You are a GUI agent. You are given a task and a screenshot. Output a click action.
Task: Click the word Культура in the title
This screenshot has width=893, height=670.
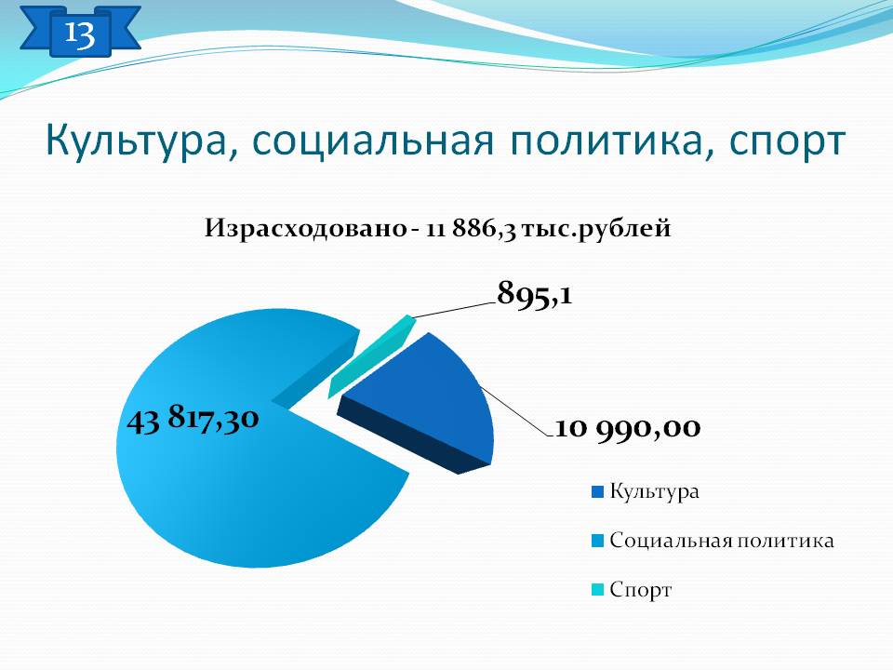(136, 141)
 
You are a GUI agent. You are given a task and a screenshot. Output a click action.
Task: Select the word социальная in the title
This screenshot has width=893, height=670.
(372, 141)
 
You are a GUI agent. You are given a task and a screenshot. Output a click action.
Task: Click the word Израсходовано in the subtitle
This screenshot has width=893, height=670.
(306, 229)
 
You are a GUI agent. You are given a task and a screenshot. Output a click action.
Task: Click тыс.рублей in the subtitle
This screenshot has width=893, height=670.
(596, 229)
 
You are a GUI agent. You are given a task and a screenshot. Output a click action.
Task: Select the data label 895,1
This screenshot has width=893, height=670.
(534, 294)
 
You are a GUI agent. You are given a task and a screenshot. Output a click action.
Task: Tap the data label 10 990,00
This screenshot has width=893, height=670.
(627, 427)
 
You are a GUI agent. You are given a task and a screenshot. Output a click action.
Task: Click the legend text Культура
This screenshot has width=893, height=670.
(654, 491)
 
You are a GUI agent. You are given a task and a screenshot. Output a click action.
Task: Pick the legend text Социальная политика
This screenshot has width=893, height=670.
(722, 540)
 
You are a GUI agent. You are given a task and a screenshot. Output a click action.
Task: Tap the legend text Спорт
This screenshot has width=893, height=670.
(641, 590)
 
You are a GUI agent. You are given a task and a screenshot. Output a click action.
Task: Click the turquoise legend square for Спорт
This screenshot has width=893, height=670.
(597, 590)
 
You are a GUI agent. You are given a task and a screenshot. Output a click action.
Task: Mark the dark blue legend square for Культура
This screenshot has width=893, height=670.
(597, 491)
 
